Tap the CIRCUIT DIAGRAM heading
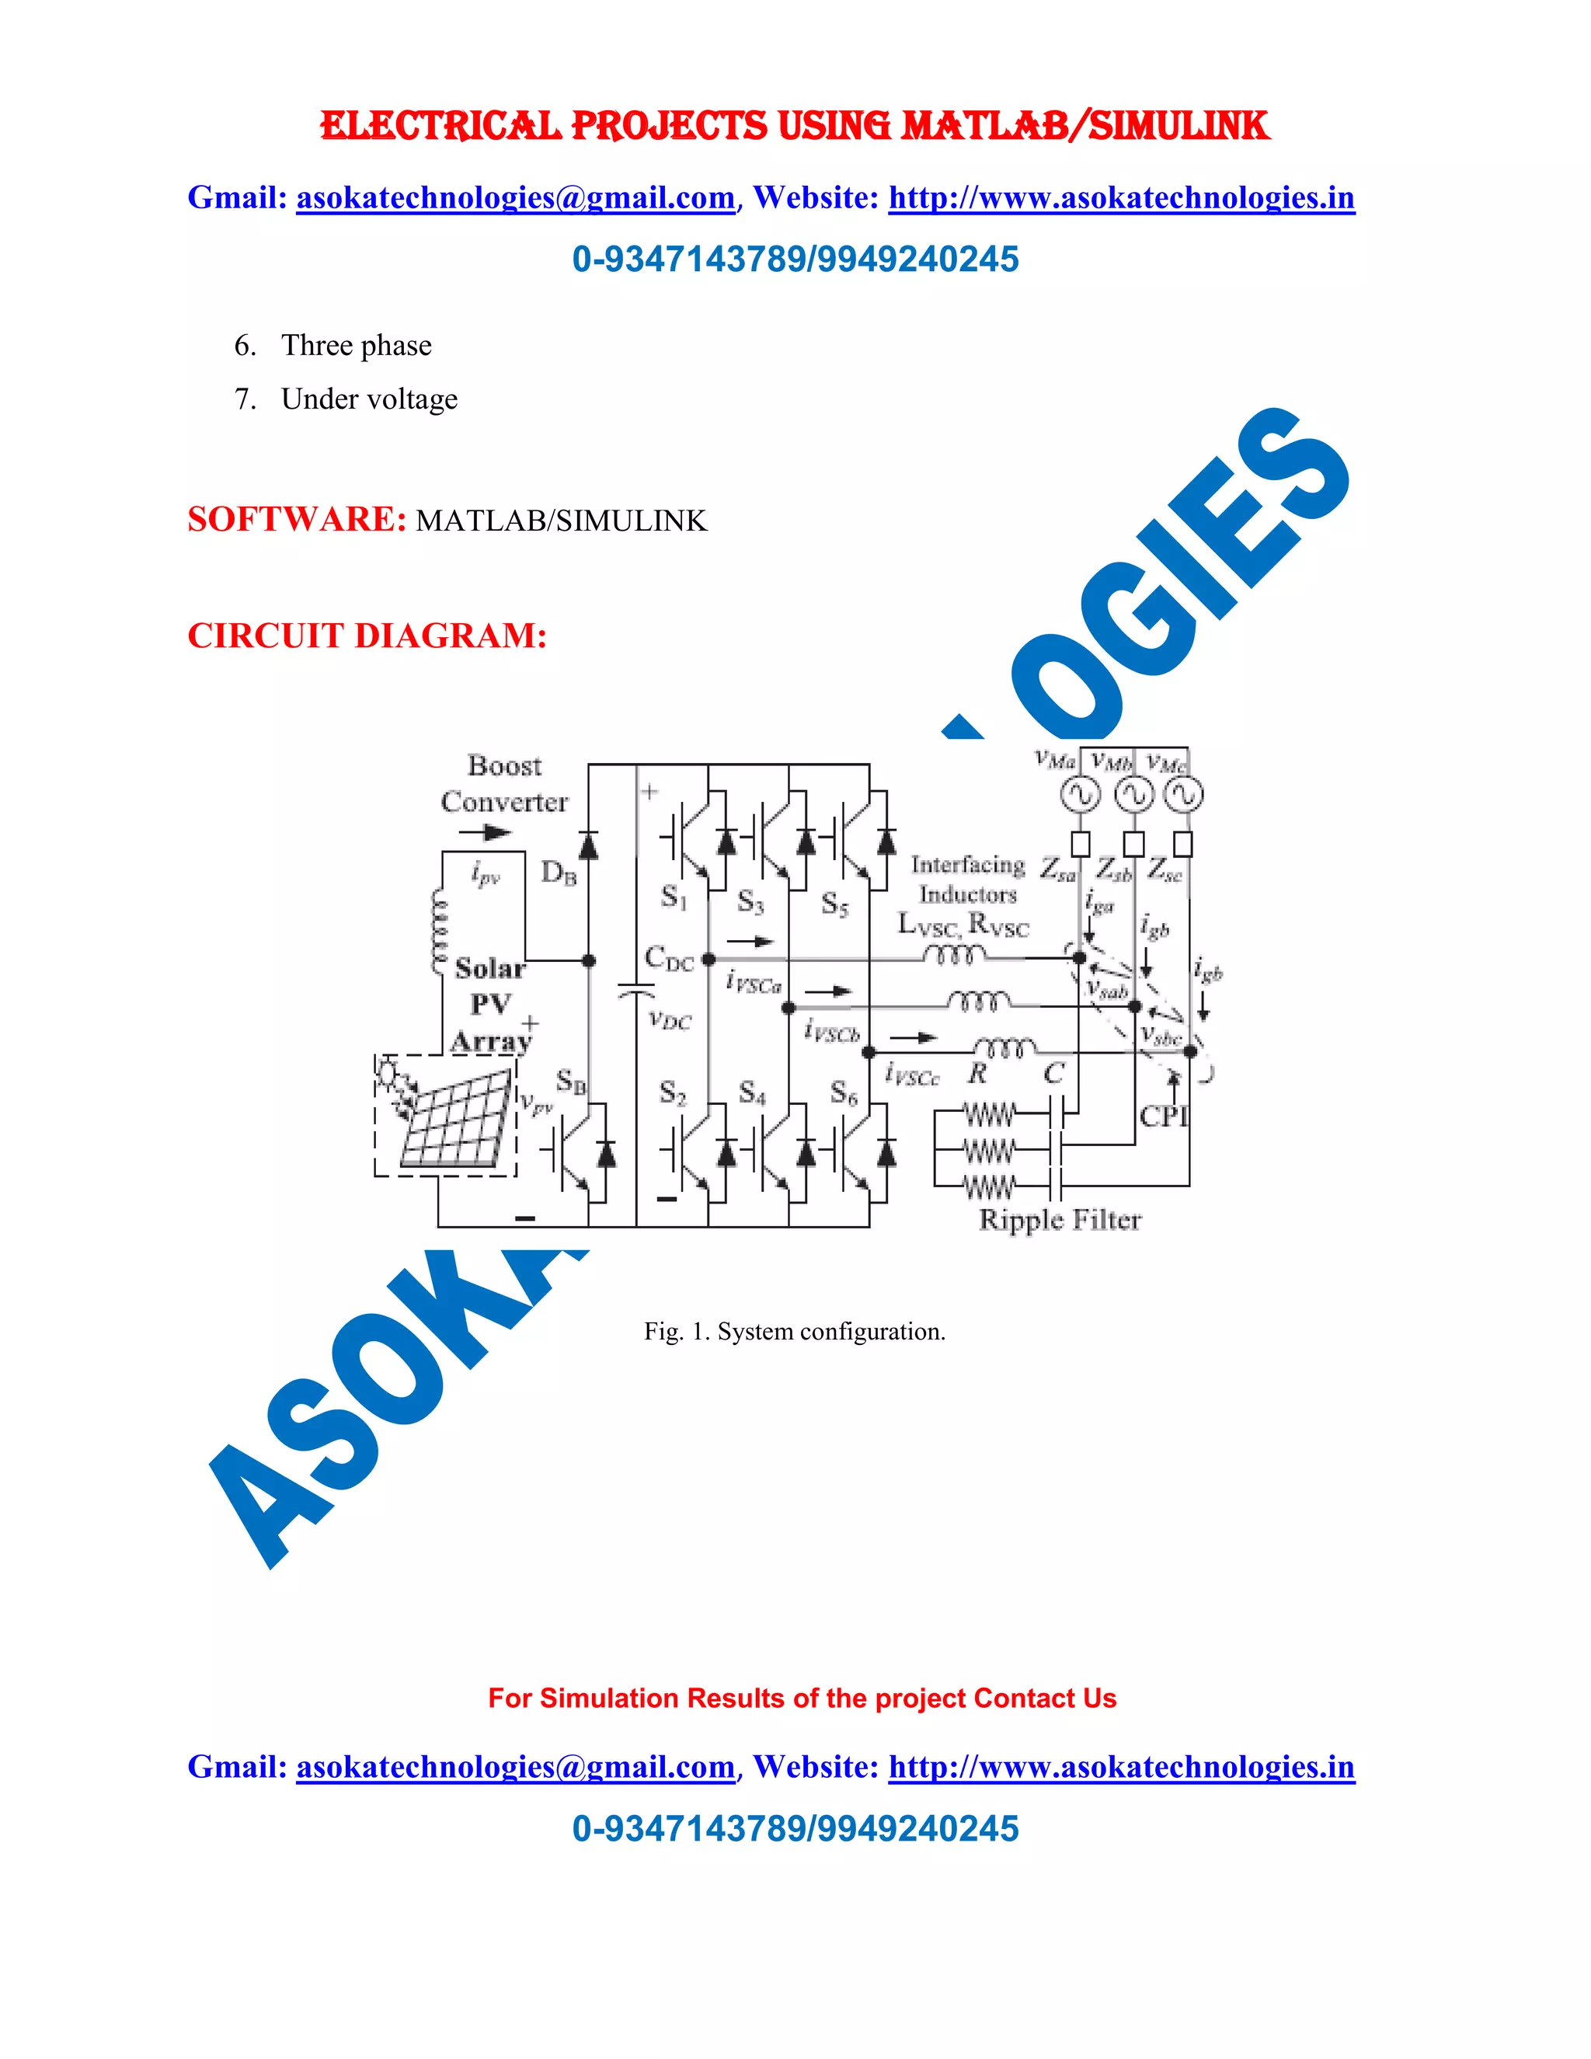coord(367,636)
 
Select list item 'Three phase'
coord(357,345)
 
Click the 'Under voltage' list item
coord(368,399)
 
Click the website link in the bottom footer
coord(1121,1767)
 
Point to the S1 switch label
coord(674,896)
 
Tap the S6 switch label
coord(844,1094)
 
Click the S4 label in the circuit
coord(752,1092)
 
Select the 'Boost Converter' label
coord(505,783)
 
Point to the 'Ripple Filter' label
coord(1060,1220)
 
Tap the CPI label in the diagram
coord(1163,1117)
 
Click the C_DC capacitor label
coord(668,959)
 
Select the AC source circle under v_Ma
coord(1080,796)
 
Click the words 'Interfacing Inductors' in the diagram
coord(968,879)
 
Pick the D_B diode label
coord(558,873)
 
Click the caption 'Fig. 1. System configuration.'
coord(795,1331)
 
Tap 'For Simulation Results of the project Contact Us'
coord(802,1698)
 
